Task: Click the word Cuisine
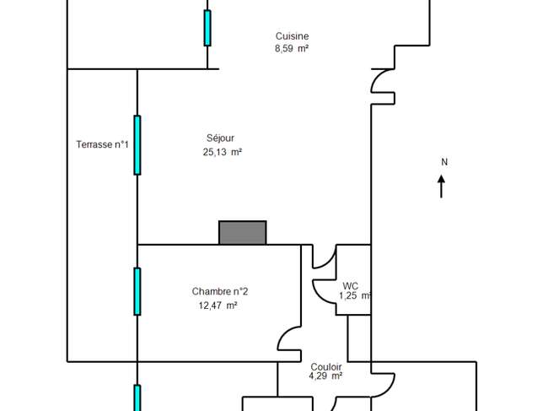292,36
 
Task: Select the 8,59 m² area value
292,49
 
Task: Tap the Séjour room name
220,138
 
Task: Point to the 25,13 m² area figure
223,152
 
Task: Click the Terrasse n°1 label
102,144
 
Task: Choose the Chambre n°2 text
220,291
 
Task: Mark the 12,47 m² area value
218,306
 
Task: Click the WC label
350,286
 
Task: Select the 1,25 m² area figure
355,296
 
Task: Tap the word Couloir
325,367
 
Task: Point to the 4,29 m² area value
325,376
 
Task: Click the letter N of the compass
444,162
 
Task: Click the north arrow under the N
442,187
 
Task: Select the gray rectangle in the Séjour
243,233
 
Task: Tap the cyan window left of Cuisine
207,28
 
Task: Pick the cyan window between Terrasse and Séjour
137,145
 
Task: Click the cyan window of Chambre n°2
137,291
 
